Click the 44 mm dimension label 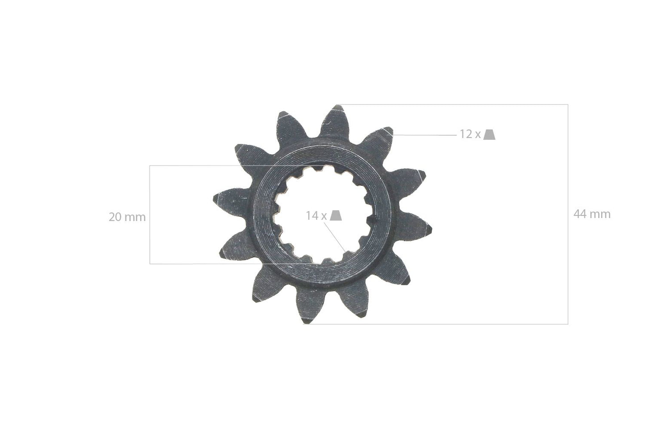(591, 214)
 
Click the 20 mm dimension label (127, 217)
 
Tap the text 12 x (470, 134)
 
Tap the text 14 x (316, 216)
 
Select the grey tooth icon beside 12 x (490, 134)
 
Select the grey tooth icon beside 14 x (336, 216)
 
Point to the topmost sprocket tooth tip (337, 107)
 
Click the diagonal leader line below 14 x (335, 235)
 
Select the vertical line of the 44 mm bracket (568, 268)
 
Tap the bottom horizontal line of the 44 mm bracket (446, 324)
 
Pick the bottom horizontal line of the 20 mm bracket (201, 264)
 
